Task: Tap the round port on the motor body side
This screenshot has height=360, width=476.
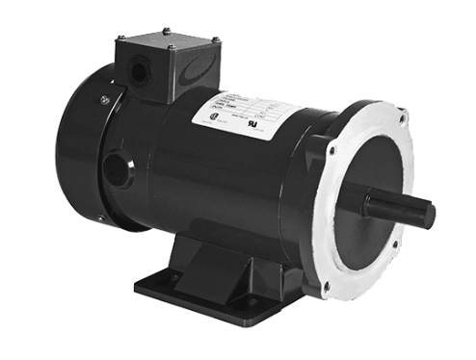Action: pyautogui.click(x=117, y=170)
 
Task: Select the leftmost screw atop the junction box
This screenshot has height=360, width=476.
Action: pyautogui.click(x=118, y=39)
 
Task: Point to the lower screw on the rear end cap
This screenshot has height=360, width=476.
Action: pyautogui.click(x=100, y=219)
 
